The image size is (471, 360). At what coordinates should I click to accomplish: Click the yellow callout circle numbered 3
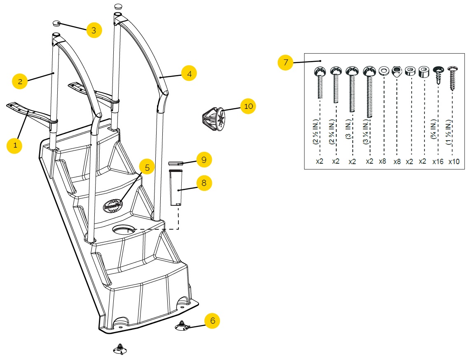94,30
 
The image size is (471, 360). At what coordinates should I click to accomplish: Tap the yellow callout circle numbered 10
248,106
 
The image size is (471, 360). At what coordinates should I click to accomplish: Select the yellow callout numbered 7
286,63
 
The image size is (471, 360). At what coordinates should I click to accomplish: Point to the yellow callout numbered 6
212,320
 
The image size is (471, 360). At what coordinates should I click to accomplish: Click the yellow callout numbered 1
15,146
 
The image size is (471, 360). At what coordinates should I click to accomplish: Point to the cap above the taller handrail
119,6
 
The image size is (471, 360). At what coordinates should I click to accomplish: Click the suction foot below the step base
120,349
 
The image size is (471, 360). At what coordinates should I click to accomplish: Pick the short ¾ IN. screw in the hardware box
438,76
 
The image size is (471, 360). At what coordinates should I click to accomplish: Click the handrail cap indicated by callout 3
56,24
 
